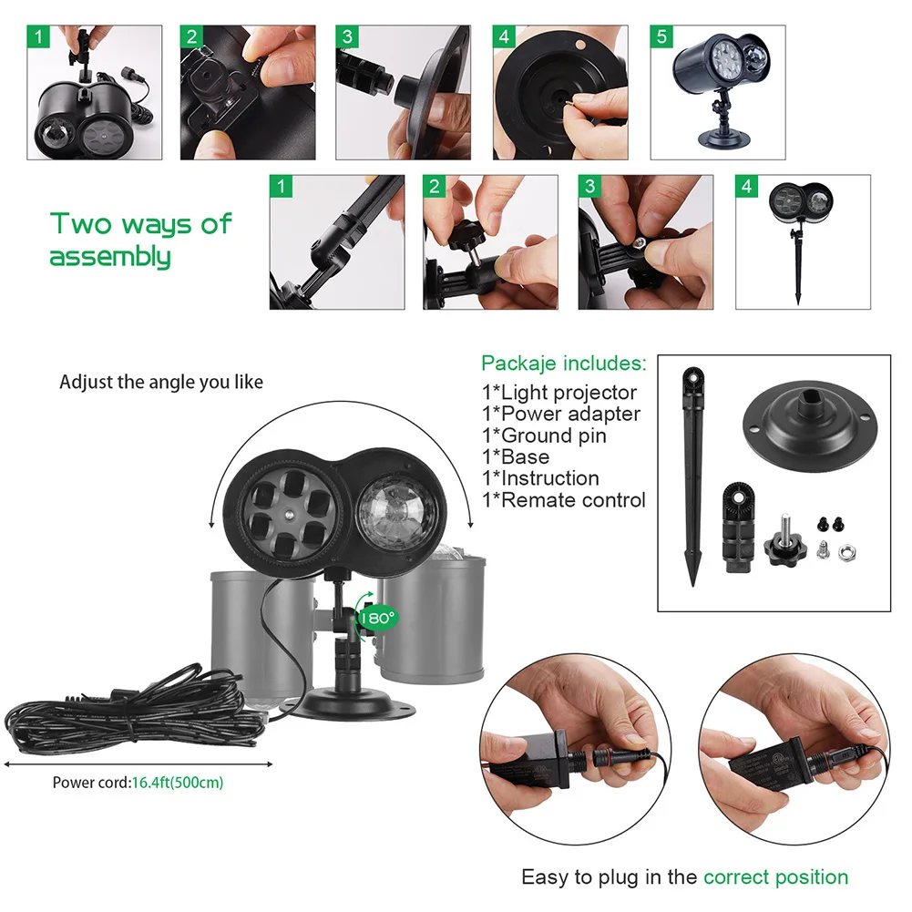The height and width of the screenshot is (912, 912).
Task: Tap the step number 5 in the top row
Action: point(662,37)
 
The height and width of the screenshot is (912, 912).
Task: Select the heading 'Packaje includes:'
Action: point(563,364)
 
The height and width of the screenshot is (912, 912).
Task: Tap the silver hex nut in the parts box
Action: point(845,553)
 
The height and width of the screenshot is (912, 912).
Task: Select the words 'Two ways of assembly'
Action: point(141,240)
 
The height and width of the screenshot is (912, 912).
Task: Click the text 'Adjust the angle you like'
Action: point(161,382)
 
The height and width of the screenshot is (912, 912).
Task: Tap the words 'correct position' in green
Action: point(775,877)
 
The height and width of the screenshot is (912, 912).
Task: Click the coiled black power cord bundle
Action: point(128,711)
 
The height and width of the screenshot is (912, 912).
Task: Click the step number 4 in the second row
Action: point(748,188)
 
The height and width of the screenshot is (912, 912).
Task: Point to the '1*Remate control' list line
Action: point(563,499)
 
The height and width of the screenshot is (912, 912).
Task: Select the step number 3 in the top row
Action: point(348,37)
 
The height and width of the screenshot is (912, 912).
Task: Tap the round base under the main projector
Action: point(343,702)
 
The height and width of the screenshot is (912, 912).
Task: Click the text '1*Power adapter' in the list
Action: point(561,415)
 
